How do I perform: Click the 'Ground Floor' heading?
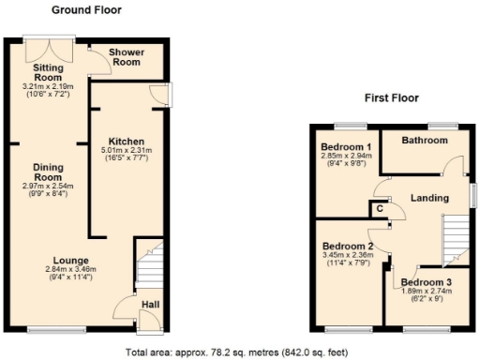tap(85, 10)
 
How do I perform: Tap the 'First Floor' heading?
tap(391, 98)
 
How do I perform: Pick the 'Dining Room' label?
tap(47, 172)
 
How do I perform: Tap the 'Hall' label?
tap(150, 305)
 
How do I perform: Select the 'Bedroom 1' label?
tap(346, 147)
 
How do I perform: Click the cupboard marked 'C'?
tap(382, 210)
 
